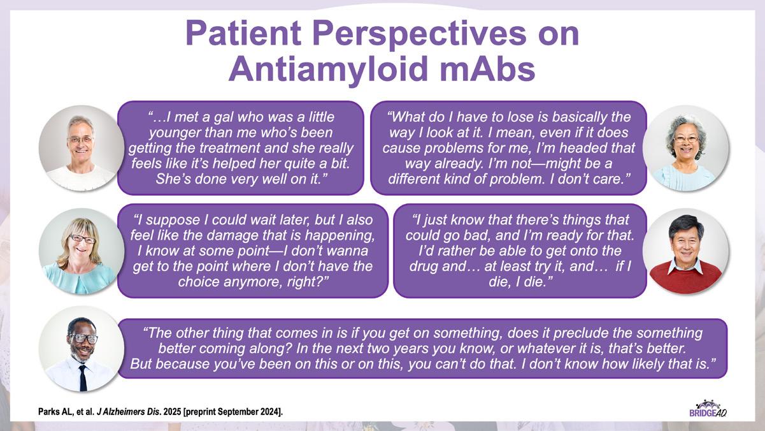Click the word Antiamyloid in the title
point(328,69)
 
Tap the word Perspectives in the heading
point(419,34)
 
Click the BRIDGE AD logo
point(707,409)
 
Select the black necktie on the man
point(83,377)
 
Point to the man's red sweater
point(685,278)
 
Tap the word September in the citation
point(235,412)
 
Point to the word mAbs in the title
point(487,69)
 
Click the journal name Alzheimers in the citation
point(125,412)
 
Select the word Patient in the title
point(243,34)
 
